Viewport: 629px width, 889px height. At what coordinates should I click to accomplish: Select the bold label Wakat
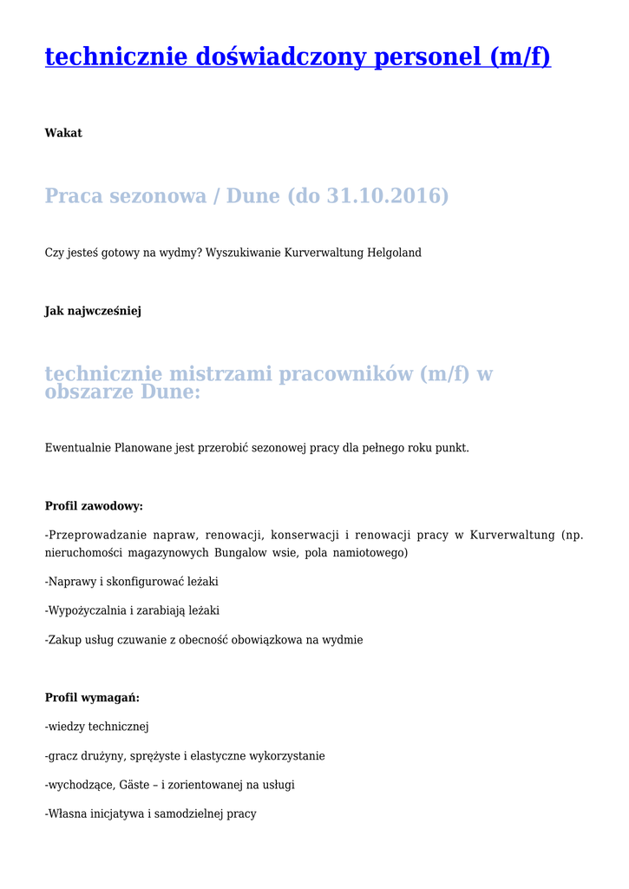[x=63, y=133]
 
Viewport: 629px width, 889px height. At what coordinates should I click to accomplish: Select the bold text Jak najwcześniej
[x=93, y=311]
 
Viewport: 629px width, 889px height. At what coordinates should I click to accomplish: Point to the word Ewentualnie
[x=78, y=448]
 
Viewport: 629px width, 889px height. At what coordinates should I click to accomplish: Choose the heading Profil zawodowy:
[x=94, y=506]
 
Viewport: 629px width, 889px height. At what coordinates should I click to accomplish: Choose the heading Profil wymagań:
[x=92, y=698]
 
